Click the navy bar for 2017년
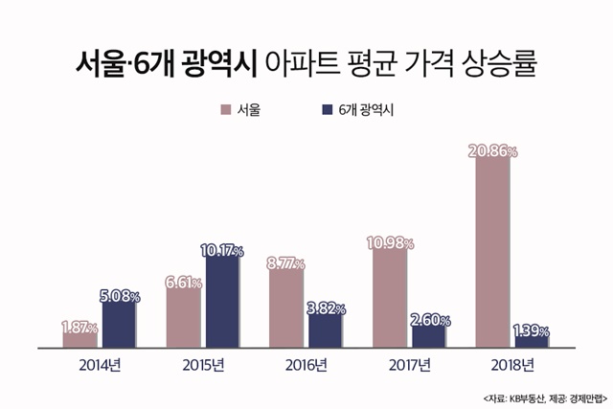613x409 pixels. coord(427,335)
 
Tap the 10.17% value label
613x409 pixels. coord(222,251)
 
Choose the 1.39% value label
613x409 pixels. coord(530,331)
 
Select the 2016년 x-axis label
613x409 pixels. coord(306,365)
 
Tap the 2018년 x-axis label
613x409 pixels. coord(511,365)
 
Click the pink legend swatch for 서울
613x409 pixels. coord(226,109)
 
